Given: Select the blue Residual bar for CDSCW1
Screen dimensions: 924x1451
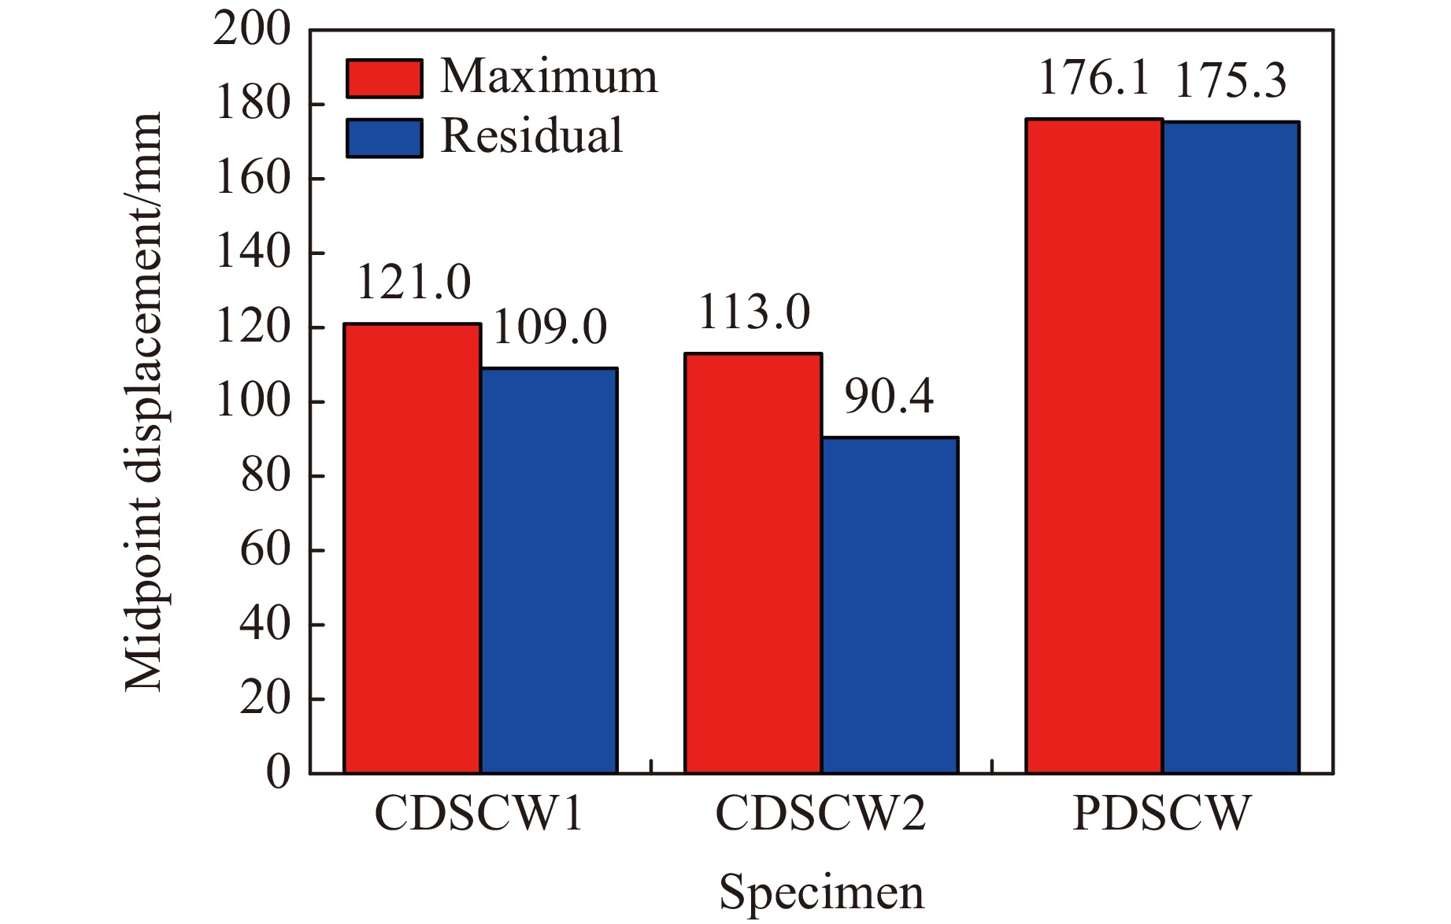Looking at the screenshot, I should point(549,571).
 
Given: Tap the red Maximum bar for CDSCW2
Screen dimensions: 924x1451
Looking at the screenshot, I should point(753,564).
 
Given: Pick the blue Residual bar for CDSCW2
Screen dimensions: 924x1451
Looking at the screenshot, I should point(890,605).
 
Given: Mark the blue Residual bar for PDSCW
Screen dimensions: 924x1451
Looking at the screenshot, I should point(1231,448).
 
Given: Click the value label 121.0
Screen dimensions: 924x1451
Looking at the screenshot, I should point(413,283).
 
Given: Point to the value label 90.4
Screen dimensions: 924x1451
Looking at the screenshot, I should point(889,397).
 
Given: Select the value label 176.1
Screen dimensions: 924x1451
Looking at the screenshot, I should point(1094,79).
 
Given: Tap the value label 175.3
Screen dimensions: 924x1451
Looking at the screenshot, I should point(1231,82).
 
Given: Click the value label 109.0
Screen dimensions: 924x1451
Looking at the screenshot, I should point(550,327).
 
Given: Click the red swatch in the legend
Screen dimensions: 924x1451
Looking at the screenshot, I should point(384,78).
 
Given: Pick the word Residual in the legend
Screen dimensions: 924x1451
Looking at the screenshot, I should point(531,135).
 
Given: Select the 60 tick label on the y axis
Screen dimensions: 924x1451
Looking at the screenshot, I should point(265,550).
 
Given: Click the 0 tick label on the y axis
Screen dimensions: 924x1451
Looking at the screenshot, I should point(278,774).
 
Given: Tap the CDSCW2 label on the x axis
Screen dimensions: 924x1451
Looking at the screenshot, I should point(820,814).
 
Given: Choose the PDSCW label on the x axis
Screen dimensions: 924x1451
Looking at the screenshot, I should point(1161,814).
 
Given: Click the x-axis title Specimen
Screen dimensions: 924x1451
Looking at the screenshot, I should point(821,893).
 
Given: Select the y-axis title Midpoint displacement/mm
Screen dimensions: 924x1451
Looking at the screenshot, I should point(143,401).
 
